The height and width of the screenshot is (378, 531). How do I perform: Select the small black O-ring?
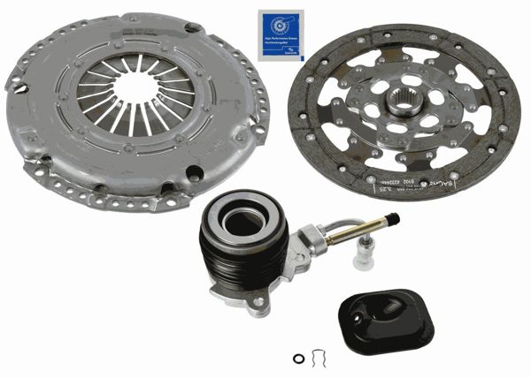pos(298,358)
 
